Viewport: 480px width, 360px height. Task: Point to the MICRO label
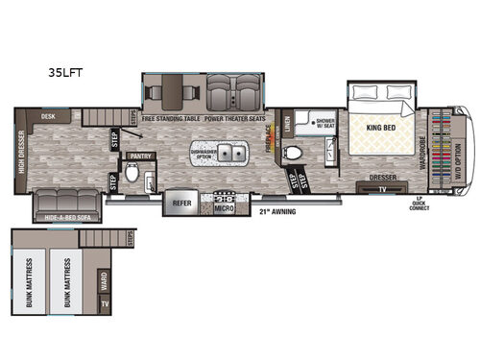click(x=225, y=206)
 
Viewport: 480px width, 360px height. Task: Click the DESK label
click(x=47, y=116)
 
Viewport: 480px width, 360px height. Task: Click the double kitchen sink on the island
click(x=230, y=154)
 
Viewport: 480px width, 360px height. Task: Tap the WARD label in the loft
click(x=104, y=281)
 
